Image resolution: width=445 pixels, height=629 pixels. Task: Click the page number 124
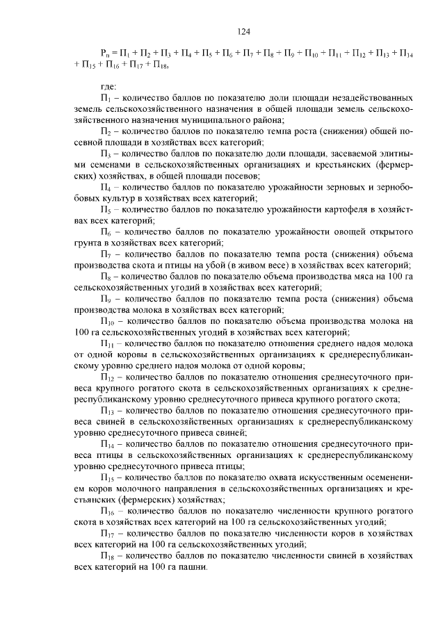(243, 31)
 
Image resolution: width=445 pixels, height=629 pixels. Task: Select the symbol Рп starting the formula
(106, 53)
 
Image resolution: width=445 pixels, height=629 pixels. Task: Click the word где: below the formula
(109, 87)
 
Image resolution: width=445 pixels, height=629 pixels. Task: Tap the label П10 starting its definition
(107, 321)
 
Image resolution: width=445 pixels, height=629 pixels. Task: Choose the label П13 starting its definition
(107, 411)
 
